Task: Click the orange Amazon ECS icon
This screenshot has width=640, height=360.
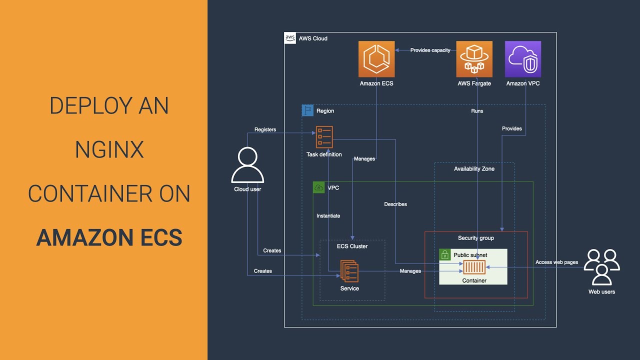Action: [376, 59]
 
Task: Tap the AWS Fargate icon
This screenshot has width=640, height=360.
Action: [474, 59]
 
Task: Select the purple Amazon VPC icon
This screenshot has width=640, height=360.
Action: [523, 59]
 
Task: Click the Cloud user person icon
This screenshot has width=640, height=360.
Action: [247, 165]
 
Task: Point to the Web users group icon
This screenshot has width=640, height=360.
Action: [601, 267]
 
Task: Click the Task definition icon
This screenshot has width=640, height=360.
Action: [324, 137]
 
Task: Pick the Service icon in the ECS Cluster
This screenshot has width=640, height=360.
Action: [349, 271]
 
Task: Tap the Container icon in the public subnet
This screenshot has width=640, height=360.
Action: [474, 267]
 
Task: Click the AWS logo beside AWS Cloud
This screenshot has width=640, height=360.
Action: [290, 38]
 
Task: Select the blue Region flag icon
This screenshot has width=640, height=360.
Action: [307, 110]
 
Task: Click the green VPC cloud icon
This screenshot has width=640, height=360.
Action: [319, 187]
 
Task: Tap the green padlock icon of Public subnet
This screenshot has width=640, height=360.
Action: [445, 254]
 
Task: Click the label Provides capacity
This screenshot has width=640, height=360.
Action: [430, 50]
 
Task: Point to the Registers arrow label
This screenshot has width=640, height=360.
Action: [265, 129]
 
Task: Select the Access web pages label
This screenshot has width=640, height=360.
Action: [556, 262]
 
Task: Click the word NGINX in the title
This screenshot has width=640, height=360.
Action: [109, 149]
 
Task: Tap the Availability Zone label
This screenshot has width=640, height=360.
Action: [474, 169]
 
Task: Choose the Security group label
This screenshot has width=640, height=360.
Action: [476, 238]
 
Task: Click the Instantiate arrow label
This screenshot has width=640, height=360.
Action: [328, 215]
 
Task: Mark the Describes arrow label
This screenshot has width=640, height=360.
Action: [395, 204]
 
